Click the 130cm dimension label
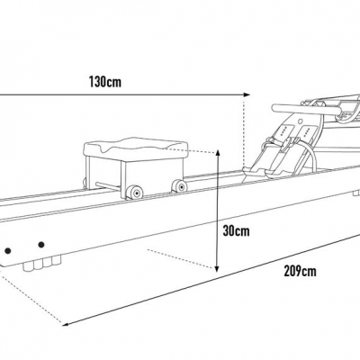point(105,82)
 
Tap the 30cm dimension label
point(236,230)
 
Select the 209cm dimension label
point(300,271)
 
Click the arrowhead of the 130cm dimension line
point(247,94)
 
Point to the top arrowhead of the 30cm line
point(218,151)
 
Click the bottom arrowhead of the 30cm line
point(218,268)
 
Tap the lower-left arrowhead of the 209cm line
point(66,324)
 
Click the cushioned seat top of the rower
point(136,148)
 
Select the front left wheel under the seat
point(134,192)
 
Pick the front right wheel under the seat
point(179,186)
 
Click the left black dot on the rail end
point(8,251)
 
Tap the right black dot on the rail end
point(41,245)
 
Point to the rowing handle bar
point(306,109)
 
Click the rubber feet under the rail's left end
point(42,264)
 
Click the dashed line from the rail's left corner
point(31,296)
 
